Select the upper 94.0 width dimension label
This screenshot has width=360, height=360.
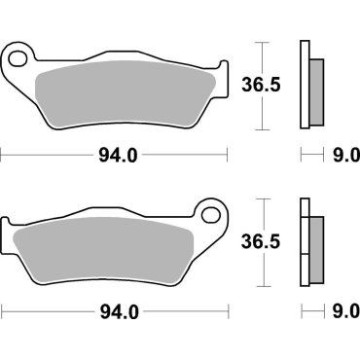point(118,154)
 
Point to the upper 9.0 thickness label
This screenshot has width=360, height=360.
point(346,154)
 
